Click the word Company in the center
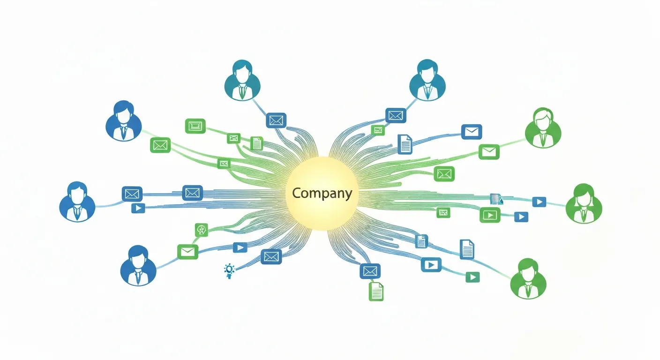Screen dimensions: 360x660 tap(322, 193)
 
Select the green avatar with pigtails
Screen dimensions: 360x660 tap(584, 203)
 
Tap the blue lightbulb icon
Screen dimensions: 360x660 tap(229, 270)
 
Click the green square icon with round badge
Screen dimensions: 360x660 tap(201, 229)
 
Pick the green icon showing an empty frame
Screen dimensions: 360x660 tap(195, 126)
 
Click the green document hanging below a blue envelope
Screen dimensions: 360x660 tap(376, 291)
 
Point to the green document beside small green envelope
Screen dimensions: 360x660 tap(256, 143)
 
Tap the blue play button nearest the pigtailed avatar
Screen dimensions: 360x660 tap(539, 202)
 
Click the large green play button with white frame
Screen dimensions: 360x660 tap(490, 215)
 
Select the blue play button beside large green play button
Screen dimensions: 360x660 tap(521, 217)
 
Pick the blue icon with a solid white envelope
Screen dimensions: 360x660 tap(471, 132)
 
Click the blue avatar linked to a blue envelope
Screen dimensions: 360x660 tap(77, 202)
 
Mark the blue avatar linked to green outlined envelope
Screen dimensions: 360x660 tap(123, 120)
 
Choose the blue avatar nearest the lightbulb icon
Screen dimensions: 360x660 tap(138, 266)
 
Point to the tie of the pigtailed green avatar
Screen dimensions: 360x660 tap(584, 215)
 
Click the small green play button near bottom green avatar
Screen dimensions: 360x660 tap(472, 277)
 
